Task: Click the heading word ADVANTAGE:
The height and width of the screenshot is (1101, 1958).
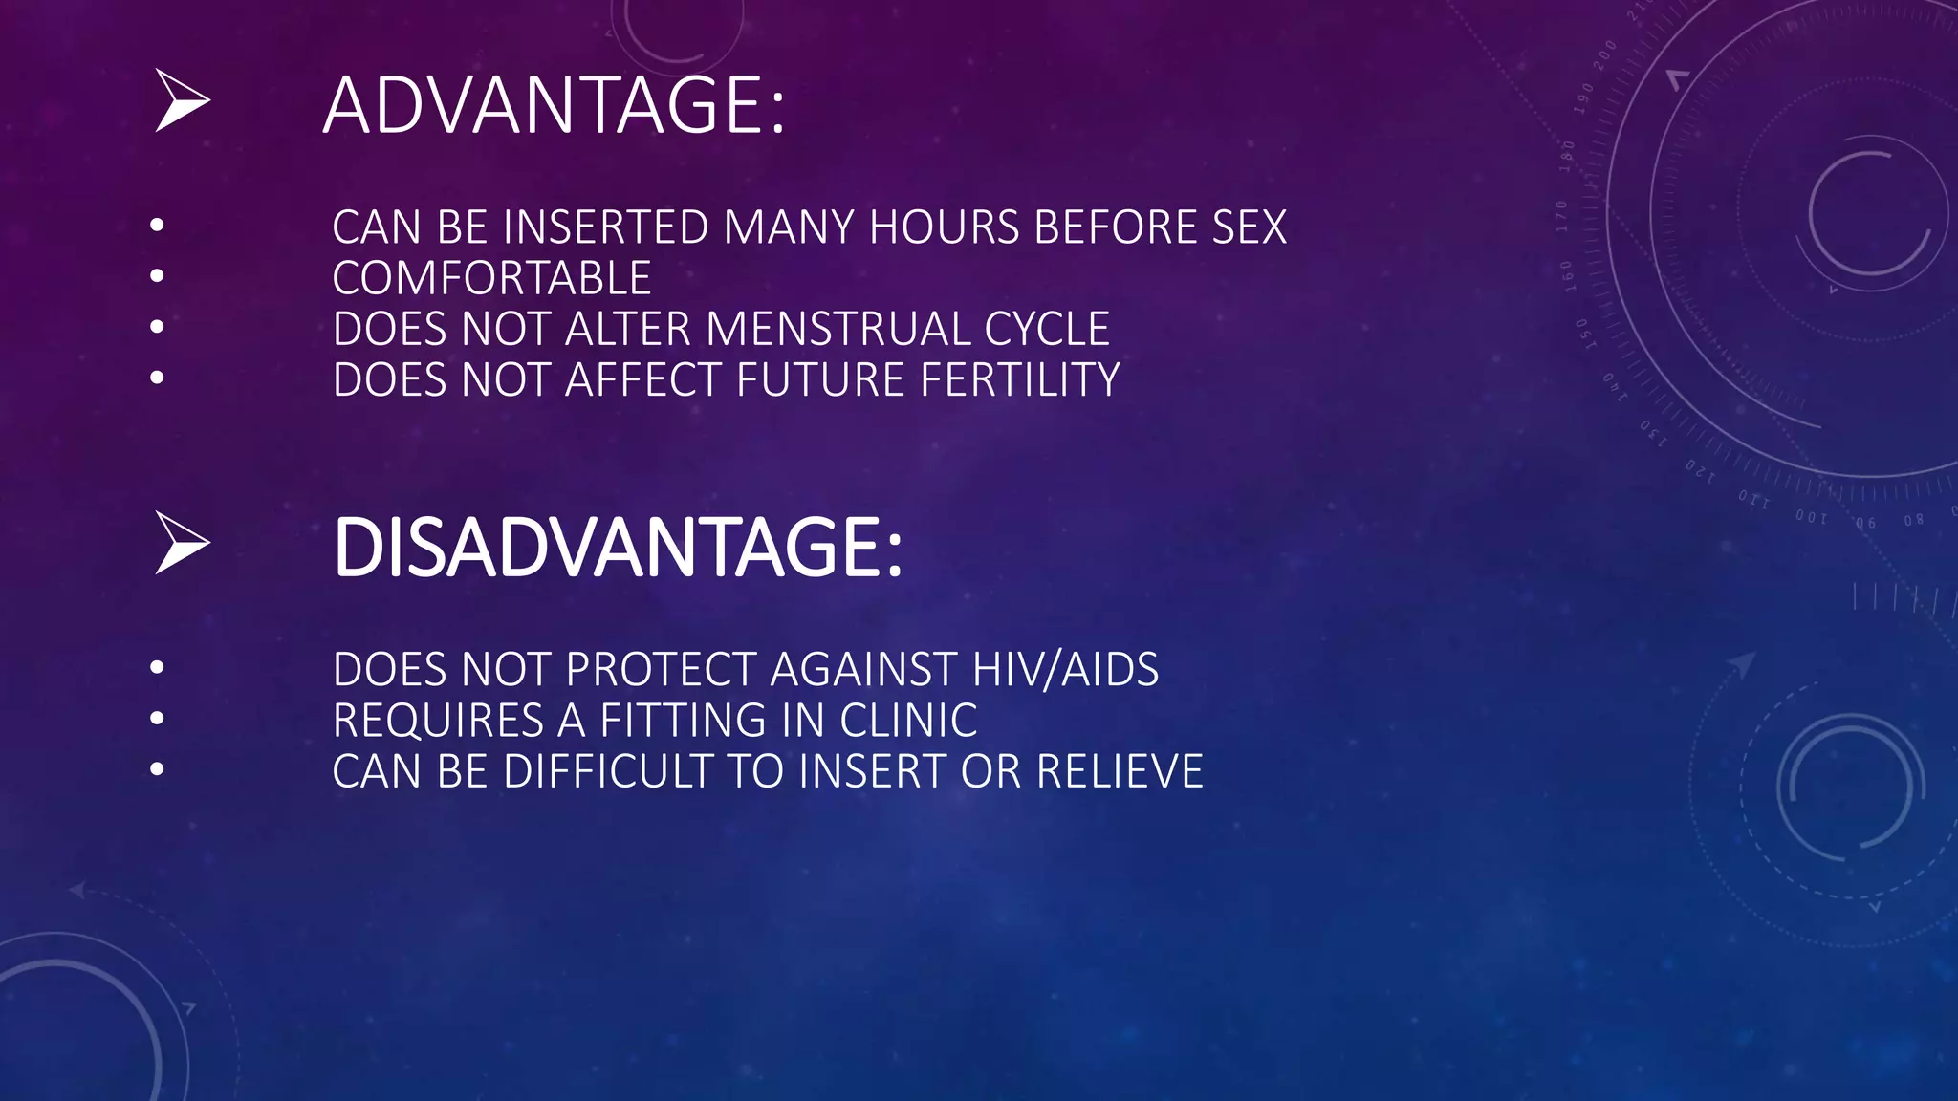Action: point(554,105)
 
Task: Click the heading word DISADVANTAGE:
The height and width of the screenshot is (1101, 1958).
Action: point(617,548)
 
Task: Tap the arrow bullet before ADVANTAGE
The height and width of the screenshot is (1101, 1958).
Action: point(182,101)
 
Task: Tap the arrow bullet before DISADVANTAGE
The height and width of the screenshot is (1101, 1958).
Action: point(182,544)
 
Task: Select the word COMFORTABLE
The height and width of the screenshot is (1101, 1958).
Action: point(491,279)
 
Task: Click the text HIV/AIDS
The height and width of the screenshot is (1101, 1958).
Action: point(1065,670)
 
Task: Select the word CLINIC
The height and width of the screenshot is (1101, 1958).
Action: point(908,721)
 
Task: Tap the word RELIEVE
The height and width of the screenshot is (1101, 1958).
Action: point(1120,772)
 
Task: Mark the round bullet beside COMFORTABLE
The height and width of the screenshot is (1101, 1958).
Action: point(158,276)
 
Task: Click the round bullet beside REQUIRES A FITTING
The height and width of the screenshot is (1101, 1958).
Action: point(158,718)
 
